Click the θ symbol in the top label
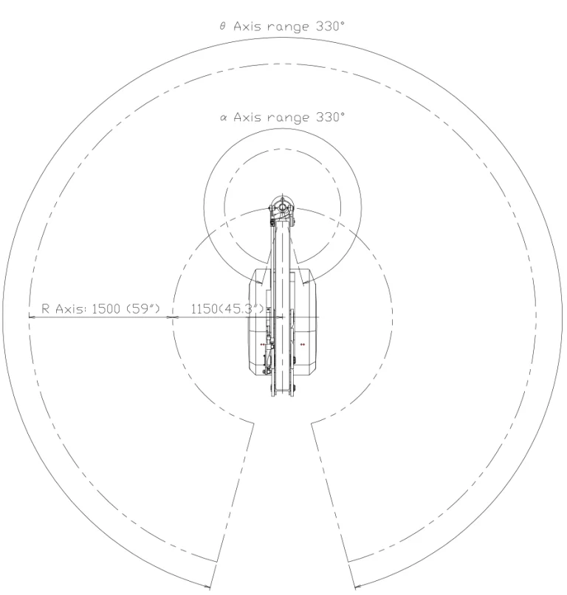[222, 26]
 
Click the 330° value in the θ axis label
[330, 26]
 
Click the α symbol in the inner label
[223, 117]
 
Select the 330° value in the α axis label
[330, 117]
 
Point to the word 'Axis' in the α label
[247, 117]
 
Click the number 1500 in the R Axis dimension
[106, 309]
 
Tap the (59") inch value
[143, 309]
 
